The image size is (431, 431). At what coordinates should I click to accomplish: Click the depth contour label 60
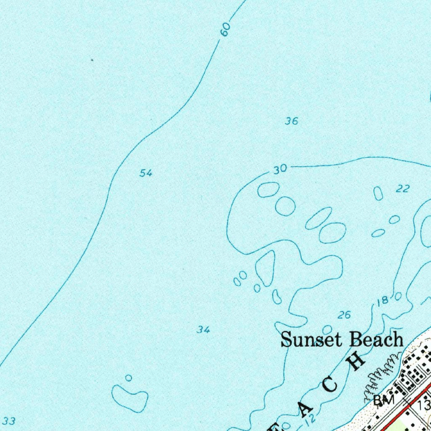pyautogui.click(x=226, y=29)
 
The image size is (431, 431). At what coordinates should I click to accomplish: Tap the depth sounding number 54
pyautogui.click(x=146, y=173)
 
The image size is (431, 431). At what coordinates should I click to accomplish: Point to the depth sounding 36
pyautogui.click(x=291, y=121)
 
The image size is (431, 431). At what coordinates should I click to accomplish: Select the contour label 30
pyautogui.click(x=280, y=170)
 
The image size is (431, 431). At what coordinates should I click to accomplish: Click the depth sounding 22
pyautogui.click(x=403, y=189)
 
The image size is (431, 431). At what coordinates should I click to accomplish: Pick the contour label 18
pyautogui.click(x=383, y=301)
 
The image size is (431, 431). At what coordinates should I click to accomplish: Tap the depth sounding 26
pyautogui.click(x=344, y=315)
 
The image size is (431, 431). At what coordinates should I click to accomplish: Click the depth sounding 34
pyautogui.click(x=203, y=330)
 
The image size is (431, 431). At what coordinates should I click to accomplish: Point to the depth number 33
pyautogui.click(x=9, y=420)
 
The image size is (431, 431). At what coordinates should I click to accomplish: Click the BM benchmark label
pyautogui.click(x=383, y=400)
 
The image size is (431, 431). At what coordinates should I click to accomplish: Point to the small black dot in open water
pyautogui.click(x=92, y=60)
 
